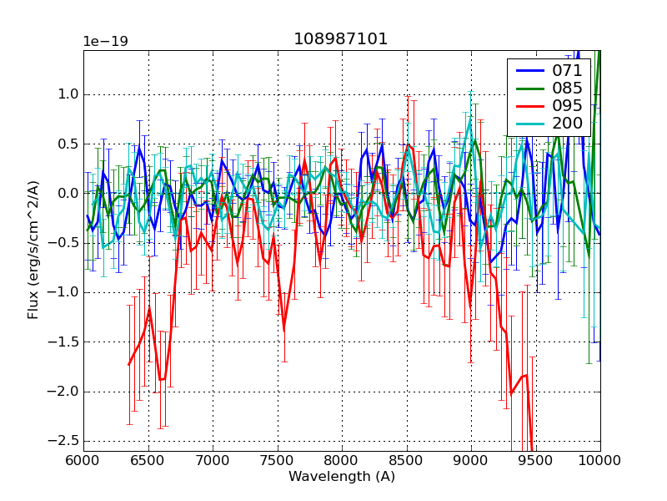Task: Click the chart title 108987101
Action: [x=341, y=39]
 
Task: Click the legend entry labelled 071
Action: [x=567, y=70]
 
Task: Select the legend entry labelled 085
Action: [x=567, y=88]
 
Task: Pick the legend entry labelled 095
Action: [x=567, y=106]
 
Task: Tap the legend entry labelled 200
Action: [x=567, y=124]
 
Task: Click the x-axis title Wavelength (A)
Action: [x=342, y=477]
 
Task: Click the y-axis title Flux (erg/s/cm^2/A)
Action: [x=33, y=250]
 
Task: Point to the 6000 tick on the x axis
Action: [x=83, y=459]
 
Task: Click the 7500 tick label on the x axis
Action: [x=277, y=459]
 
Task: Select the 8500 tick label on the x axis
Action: [x=406, y=459]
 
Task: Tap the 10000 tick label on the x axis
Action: [x=600, y=459]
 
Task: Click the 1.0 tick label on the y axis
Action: [x=66, y=94]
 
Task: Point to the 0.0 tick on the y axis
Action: [x=66, y=193]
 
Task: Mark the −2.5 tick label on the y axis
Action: [x=63, y=440]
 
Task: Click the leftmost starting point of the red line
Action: [x=128, y=364]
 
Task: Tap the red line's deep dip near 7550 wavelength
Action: [x=284, y=330]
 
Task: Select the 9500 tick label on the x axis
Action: [x=535, y=459]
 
